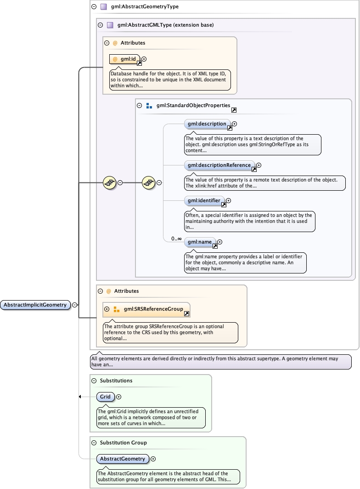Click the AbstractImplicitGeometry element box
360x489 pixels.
[x=35, y=305]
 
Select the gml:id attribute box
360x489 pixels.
[x=124, y=59]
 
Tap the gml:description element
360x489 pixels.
[x=207, y=124]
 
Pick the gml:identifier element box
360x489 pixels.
[x=204, y=200]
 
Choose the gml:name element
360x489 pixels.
[x=200, y=242]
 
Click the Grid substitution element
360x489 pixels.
[x=105, y=397]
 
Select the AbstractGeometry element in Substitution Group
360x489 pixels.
[x=123, y=459]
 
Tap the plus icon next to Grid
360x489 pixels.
[x=118, y=397]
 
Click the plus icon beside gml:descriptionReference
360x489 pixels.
[x=259, y=165]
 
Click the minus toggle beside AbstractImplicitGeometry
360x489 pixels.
[x=74, y=305]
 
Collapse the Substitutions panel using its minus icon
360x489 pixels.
[x=94, y=381]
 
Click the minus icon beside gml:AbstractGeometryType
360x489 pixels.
[x=94, y=7]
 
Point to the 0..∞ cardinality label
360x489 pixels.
[x=176, y=239]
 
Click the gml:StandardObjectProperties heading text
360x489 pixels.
[x=193, y=105]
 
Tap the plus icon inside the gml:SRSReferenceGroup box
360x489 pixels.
[x=107, y=309]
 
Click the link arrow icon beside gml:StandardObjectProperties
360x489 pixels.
[x=234, y=110]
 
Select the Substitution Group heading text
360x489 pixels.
[x=123, y=443]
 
